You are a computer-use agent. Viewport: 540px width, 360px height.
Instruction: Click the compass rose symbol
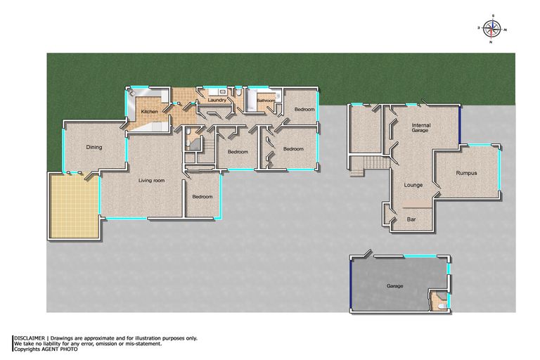tap(492, 29)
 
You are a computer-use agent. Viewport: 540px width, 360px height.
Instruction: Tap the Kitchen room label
tap(150, 112)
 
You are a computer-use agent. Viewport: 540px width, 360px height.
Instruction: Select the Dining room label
tap(94, 148)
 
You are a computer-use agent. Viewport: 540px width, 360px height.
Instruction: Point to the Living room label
tap(152, 181)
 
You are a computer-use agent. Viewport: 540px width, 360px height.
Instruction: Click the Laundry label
tap(217, 100)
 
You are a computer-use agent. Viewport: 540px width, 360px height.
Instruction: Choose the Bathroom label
tap(266, 101)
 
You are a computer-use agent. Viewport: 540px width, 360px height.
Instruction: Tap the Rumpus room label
tap(466, 173)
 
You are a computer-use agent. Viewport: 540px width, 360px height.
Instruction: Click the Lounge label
tap(413, 185)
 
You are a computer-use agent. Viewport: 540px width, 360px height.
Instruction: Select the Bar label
tap(411, 219)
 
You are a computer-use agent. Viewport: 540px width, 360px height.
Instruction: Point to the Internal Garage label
tap(421, 127)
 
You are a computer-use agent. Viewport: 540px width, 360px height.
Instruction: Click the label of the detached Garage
tap(394, 286)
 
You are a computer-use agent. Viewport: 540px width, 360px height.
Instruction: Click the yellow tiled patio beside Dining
tap(75, 206)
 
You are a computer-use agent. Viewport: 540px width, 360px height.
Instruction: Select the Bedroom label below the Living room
tap(202, 197)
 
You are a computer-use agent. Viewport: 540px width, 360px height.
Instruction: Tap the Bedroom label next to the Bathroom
tap(304, 109)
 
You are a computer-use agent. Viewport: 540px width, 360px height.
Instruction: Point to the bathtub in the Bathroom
tap(251, 100)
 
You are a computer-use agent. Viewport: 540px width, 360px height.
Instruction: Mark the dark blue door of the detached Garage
tap(351, 284)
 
